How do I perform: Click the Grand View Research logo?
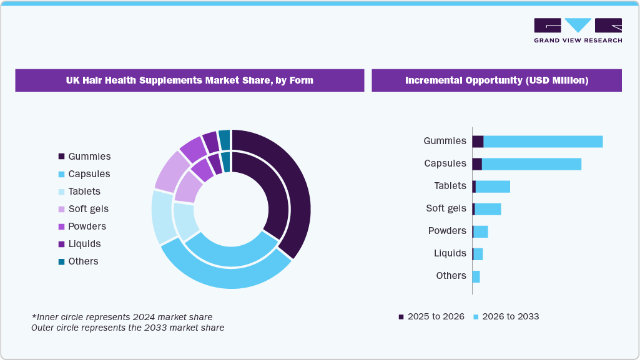[578, 30]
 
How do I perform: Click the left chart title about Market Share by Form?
[189, 80]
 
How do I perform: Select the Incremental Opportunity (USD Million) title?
[496, 80]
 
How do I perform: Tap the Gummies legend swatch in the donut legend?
[61, 157]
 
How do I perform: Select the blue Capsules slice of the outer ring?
[225, 277]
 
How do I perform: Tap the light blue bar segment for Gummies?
[543, 142]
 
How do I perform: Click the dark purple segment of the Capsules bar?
[477, 164]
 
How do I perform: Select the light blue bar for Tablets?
[493, 187]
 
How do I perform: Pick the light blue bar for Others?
[476, 276]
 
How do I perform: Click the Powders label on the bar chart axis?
[447, 231]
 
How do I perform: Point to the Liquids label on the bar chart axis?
[450, 253]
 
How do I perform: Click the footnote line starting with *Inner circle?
[122, 318]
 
